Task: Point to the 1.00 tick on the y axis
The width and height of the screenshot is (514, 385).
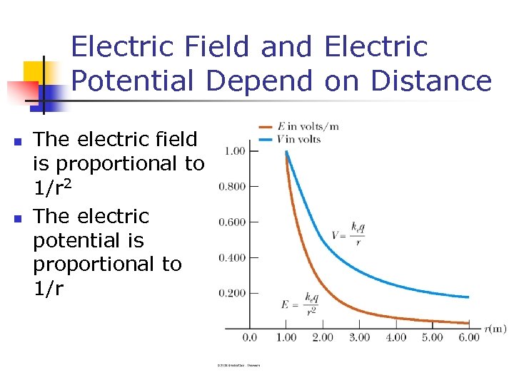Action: (235, 151)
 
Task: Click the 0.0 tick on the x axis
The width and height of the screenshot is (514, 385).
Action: (250, 337)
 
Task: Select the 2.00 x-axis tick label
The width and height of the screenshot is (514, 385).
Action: (323, 337)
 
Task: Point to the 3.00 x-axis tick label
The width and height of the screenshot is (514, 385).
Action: (359, 337)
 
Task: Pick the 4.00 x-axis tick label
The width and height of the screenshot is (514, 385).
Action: (395, 337)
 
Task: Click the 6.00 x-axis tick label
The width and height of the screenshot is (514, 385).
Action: (468, 337)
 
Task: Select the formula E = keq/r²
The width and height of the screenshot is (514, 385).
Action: (299, 304)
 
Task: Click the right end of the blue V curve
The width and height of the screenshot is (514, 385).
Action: (469, 297)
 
